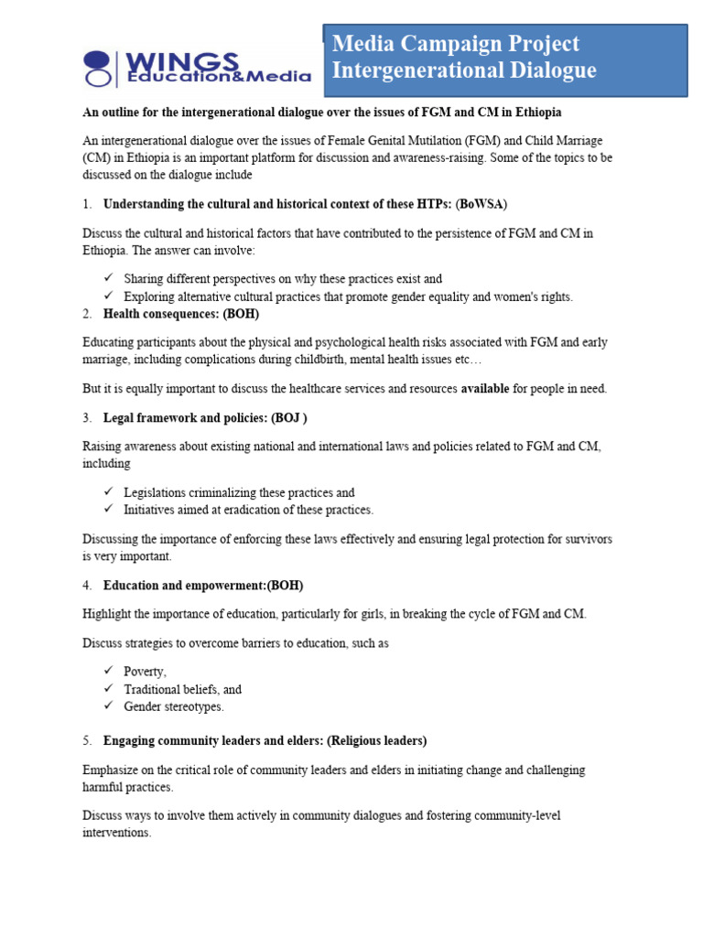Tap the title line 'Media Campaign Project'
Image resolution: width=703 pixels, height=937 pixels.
pos(456,44)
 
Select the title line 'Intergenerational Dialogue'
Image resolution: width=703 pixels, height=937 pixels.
pos(464,70)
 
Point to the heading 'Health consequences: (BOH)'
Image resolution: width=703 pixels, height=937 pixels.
pos(181,313)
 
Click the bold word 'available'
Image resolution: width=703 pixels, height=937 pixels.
pos(484,389)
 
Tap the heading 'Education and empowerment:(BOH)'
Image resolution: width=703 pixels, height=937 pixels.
pos(203,585)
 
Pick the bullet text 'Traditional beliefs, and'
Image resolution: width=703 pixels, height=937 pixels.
pos(182,689)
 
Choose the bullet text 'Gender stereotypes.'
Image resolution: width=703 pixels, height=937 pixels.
pos(174,706)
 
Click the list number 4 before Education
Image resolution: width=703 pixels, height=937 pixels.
pos(87,585)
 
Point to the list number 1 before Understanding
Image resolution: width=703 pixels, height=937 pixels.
pos(87,203)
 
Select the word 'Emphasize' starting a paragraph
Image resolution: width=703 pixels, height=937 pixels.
pos(113,770)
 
